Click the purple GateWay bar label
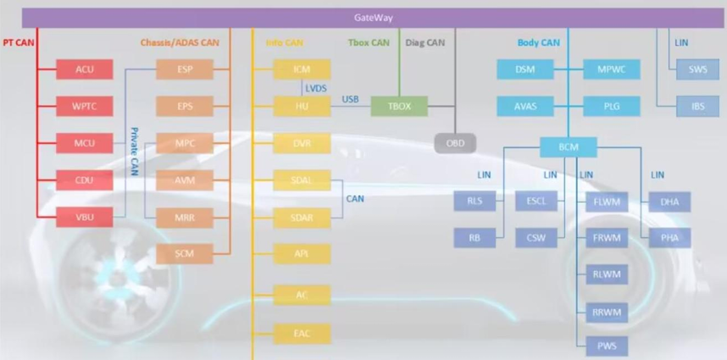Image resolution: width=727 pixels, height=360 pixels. click(372, 17)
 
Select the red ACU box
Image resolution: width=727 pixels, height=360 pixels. click(85, 69)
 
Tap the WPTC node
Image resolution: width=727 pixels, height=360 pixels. click(85, 106)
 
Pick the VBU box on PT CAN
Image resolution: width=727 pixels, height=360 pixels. click(85, 217)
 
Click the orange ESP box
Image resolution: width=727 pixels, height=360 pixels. click(185, 69)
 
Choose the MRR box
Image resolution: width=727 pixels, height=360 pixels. click(185, 217)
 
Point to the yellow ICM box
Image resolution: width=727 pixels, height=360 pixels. click(301, 69)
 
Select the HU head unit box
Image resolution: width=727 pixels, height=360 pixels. click(301, 106)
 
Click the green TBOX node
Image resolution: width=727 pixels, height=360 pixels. click(399, 106)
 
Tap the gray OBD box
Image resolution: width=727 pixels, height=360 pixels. click(456, 143)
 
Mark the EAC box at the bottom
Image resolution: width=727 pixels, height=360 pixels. click(301, 333)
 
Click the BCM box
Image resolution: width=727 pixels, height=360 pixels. click(569, 147)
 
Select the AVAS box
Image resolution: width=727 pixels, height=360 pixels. click(526, 106)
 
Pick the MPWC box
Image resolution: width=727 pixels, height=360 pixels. click(611, 69)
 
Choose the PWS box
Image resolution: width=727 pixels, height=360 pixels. click(607, 345)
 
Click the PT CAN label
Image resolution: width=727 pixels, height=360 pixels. click(19, 42)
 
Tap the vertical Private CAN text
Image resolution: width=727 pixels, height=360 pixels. click(134, 151)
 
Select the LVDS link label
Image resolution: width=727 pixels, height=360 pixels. click(316, 87)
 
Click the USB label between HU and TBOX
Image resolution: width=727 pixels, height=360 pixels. click(350, 99)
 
